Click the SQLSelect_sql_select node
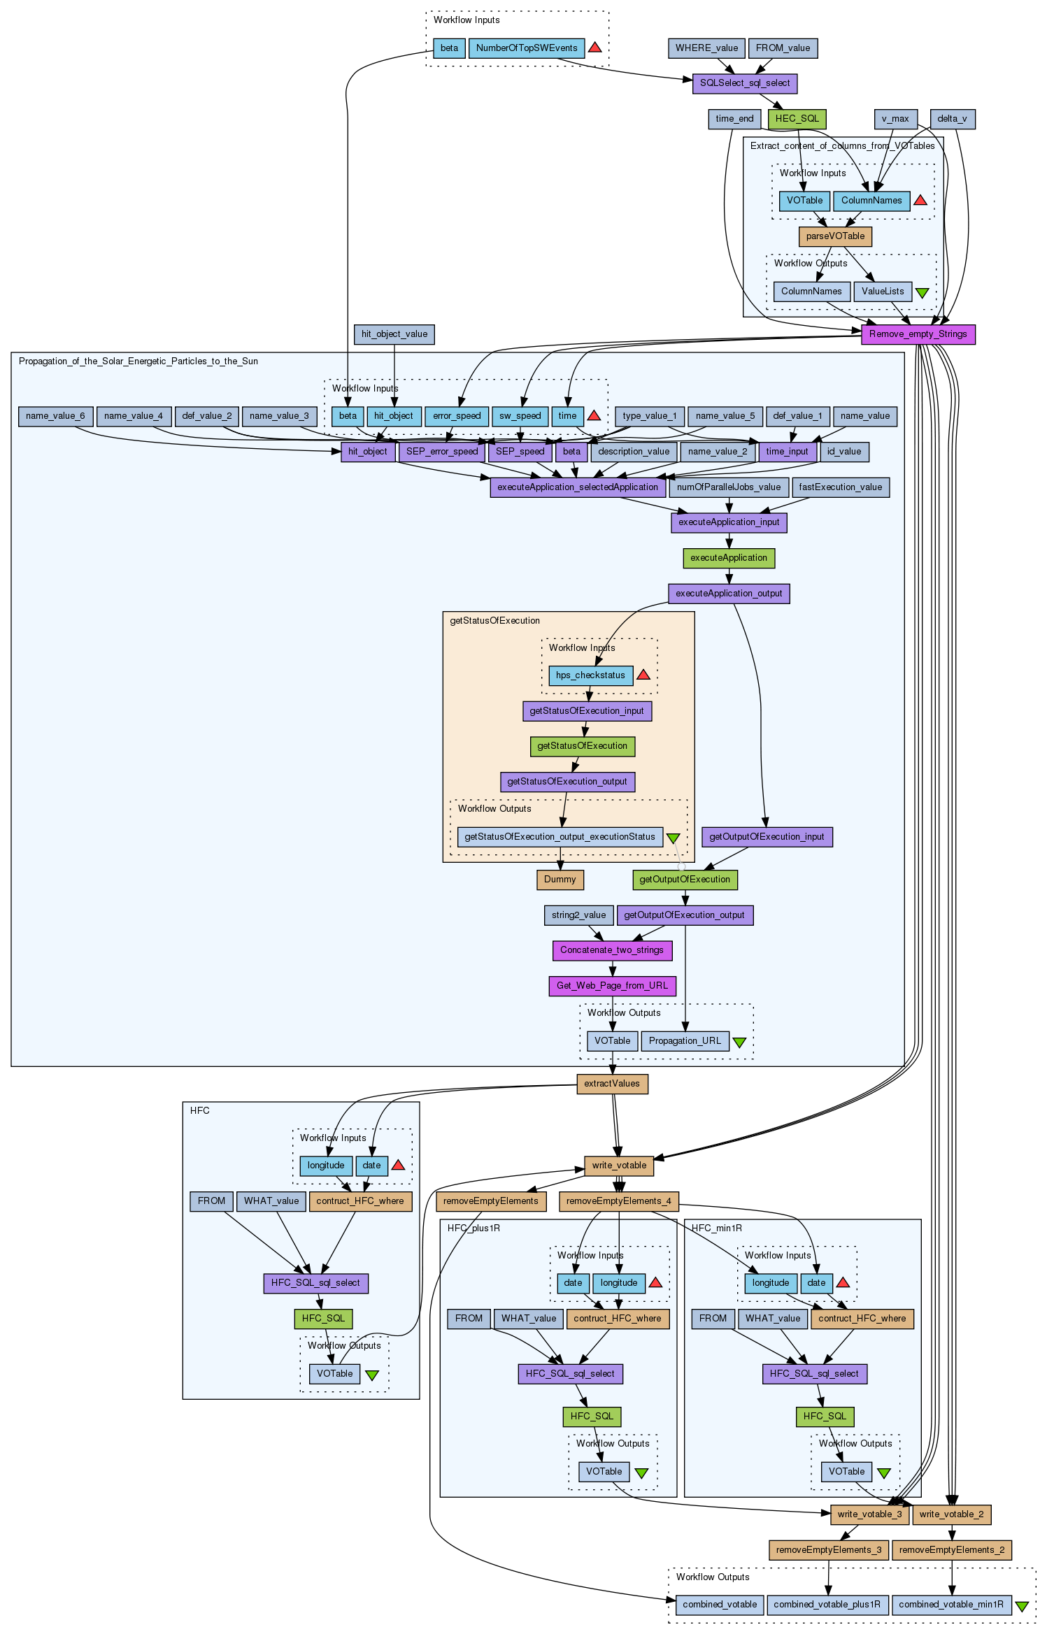pyautogui.click(x=744, y=83)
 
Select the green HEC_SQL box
pyautogui.click(x=797, y=119)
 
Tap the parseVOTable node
pyautogui.click(x=835, y=236)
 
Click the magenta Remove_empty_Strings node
pyautogui.click(x=918, y=334)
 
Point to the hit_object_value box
pyautogui.click(x=394, y=334)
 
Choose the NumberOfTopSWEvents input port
pyautogui.click(x=527, y=48)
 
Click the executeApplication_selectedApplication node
pyautogui.click(x=578, y=487)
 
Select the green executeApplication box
pyautogui.click(x=729, y=558)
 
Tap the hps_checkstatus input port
pyautogui.click(x=590, y=675)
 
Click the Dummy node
pyautogui.click(x=560, y=880)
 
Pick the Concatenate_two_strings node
pyautogui.click(x=612, y=950)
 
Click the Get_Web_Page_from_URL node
pyautogui.click(x=612, y=986)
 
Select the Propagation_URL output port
pyautogui.click(x=685, y=1041)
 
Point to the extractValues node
pyautogui.click(x=612, y=1084)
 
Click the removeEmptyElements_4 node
pyautogui.click(x=618, y=1201)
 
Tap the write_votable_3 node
pyautogui.click(x=870, y=1514)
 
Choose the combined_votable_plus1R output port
pyautogui.click(x=827, y=1605)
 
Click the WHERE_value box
pyautogui.click(x=706, y=48)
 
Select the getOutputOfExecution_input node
pyautogui.click(x=767, y=837)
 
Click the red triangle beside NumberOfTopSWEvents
pyautogui.click(x=595, y=48)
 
